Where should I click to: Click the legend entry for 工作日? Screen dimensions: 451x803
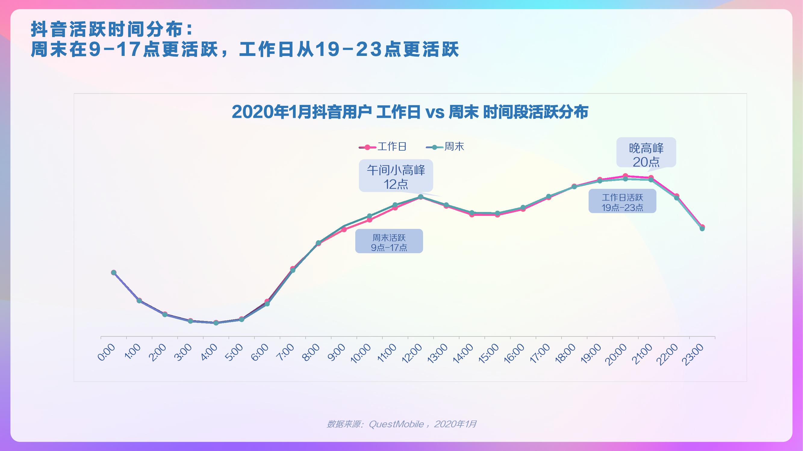coord(383,147)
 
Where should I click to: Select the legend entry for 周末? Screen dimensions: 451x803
coord(445,147)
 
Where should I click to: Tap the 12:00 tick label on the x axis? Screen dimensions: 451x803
coord(412,353)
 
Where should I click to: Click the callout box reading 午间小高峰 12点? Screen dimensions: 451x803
coord(396,176)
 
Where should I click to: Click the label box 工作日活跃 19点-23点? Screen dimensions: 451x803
coord(622,202)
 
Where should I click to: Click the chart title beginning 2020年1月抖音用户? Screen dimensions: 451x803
coord(410,112)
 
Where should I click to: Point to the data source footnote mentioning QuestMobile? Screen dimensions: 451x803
coord(402,424)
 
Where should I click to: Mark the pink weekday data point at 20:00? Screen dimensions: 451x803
coord(625,176)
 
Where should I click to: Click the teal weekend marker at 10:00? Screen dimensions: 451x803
coord(369,216)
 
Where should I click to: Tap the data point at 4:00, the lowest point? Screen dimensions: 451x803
coord(216,323)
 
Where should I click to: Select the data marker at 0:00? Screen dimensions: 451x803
coord(114,273)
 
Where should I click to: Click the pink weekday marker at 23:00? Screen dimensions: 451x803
coord(702,227)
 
